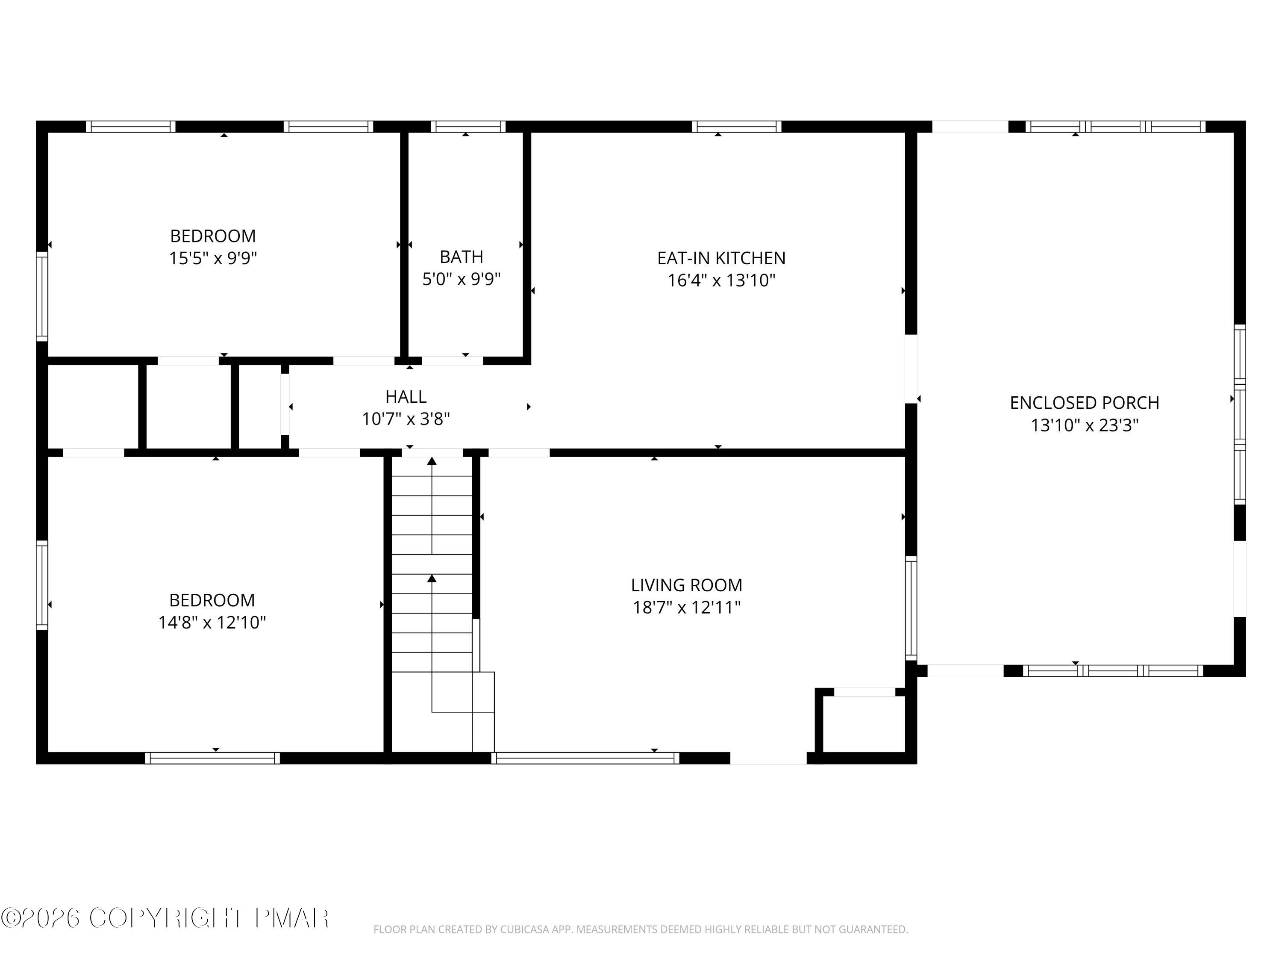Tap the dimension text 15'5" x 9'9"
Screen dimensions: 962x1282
coord(213,258)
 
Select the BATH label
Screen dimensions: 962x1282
coord(462,256)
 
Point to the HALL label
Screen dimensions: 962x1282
coord(406,397)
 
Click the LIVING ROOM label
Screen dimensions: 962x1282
coord(686,585)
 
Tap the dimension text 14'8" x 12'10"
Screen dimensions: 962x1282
coord(212,622)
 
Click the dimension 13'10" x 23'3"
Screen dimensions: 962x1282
coord(1085,425)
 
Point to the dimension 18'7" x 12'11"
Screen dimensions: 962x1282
coord(686,608)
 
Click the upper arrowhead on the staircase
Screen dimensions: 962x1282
coord(432,462)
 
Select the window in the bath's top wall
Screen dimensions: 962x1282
coord(468,127)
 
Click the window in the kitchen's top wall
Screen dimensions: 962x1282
coord(736,127)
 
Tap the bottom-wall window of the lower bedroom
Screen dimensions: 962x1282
coord(212,758)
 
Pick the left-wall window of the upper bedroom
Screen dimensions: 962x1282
coord(42,296)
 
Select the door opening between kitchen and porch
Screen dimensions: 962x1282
coord(911,369)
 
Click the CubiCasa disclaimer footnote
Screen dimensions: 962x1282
coord(641,930)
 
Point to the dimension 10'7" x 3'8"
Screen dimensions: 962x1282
coord(406,419)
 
